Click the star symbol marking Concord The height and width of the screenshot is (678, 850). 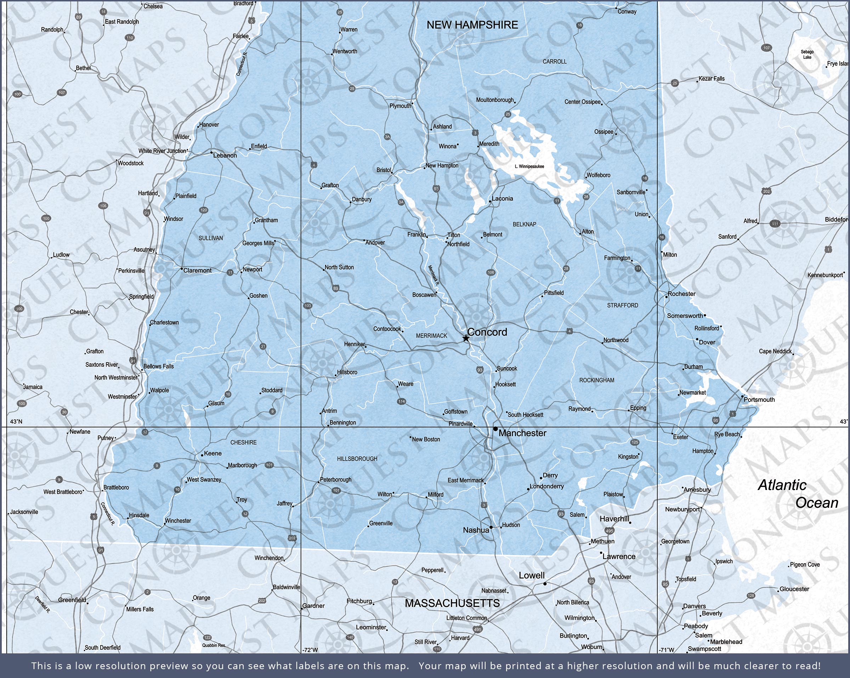click(466, 338)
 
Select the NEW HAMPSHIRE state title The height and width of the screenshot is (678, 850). click(472, 25)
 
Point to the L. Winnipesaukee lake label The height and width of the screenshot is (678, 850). click(529, 166)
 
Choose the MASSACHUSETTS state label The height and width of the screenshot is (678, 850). click(452, 603)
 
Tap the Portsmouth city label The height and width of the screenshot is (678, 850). click(759, 400)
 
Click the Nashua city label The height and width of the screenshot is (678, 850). click(476, 530)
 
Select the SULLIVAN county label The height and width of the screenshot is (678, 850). click(210, 238)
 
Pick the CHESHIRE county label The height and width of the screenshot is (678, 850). click(243, 443)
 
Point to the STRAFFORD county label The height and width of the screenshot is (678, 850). click(622, 306)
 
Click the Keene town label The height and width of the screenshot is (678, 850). click(212, 453)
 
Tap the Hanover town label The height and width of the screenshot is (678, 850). click(209, 125)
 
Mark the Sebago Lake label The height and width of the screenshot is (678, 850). click(807, 55)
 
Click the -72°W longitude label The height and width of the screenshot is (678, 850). click(310, 650)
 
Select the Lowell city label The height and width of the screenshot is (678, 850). click(532, 576)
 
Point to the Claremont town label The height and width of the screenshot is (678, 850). click(197, 270)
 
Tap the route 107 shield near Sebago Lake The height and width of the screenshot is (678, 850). click(766, 48)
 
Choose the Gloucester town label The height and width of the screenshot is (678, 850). click(794, 589)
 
